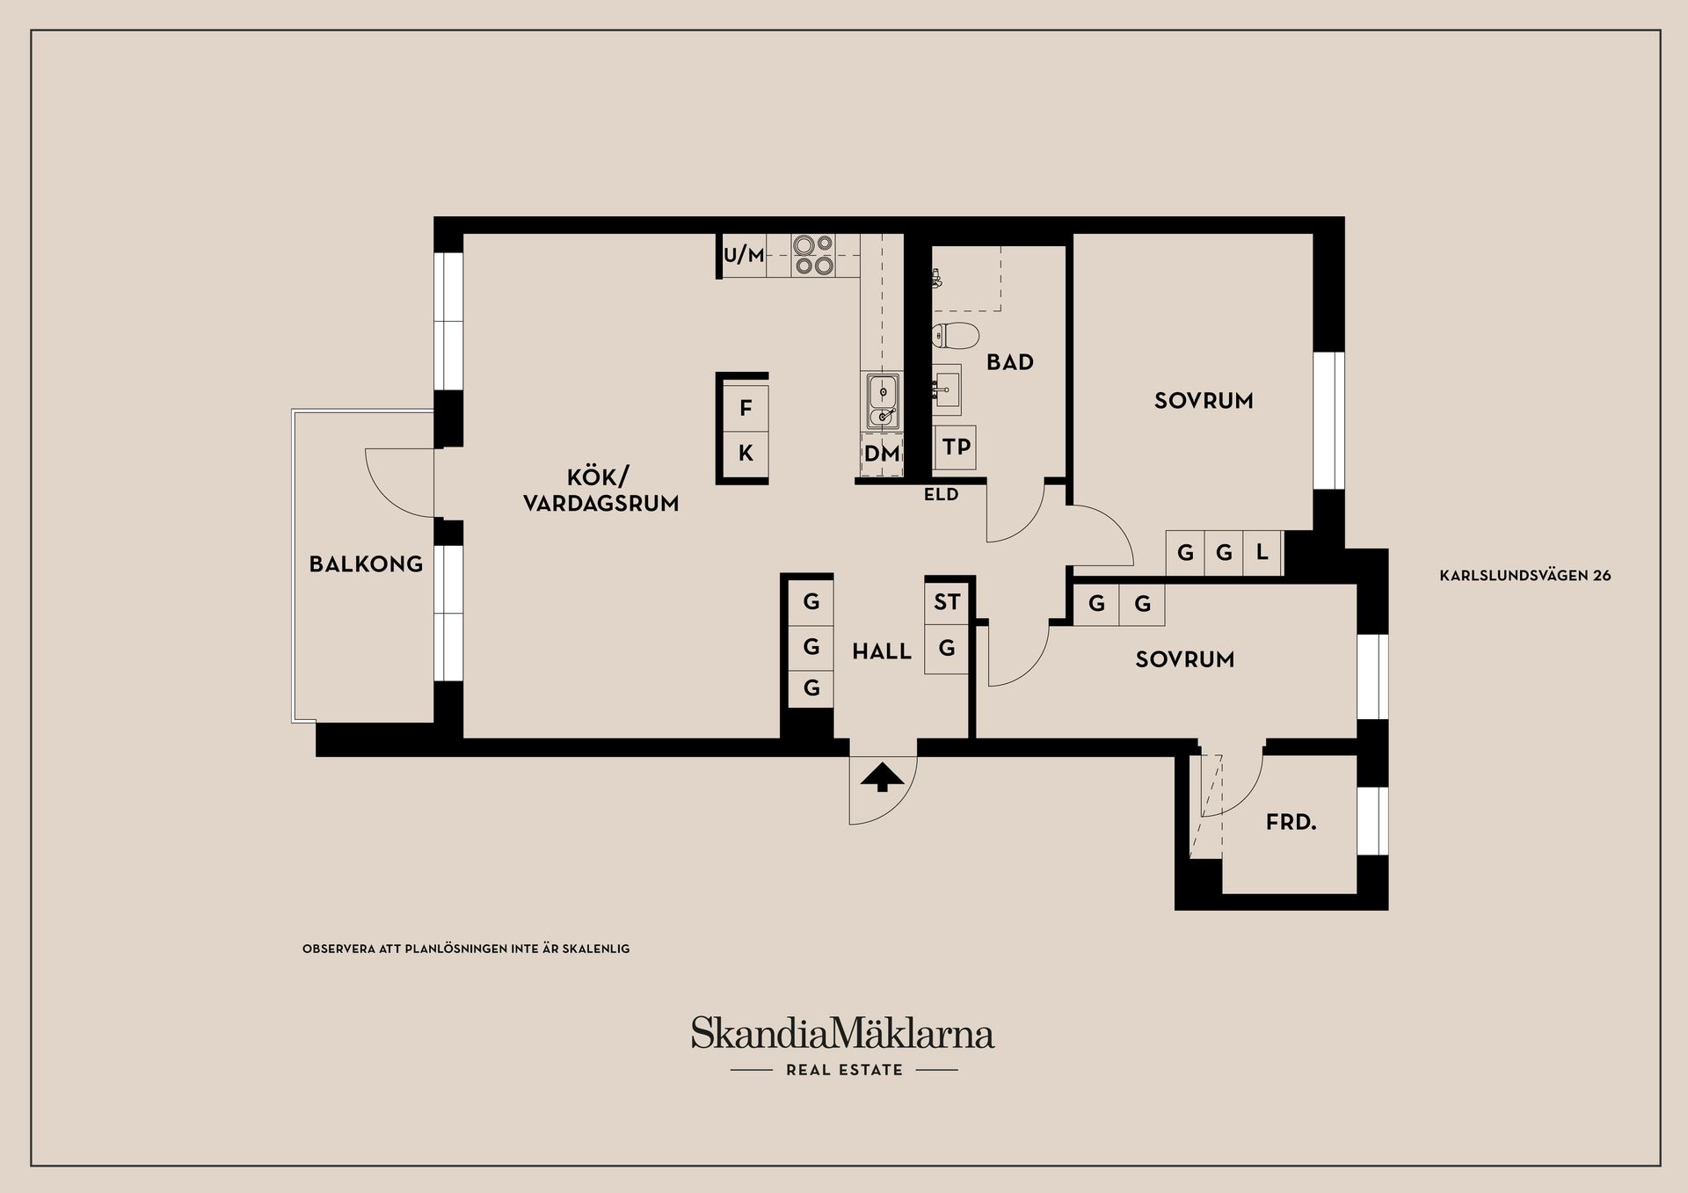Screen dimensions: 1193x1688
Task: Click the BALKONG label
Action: (x=366, y=564)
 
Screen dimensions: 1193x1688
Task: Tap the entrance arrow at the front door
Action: (x=883, y=778)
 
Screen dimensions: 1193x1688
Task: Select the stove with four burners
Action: (x=812, y=255)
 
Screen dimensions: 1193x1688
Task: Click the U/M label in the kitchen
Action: (x=744, y=255)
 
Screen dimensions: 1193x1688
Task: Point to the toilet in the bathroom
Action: (x=956, y=336)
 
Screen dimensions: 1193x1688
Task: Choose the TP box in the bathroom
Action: (x=956, y=447)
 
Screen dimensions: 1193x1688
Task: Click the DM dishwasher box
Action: (x=882, y=454)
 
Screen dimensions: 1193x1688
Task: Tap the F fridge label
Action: (x=746, y=408)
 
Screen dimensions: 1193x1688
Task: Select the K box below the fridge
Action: (x=746, y=454)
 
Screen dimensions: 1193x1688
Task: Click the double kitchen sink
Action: (x=882, y=400)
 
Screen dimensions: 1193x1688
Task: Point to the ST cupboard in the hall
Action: (x=947, y=602)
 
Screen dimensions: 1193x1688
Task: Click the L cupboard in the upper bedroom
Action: (x=1262, y=553)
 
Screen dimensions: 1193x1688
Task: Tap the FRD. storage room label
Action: (x=1291, y=823)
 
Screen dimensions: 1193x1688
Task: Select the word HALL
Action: (x=882, y=651)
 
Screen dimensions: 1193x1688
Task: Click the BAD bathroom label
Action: (x=1009, y=362)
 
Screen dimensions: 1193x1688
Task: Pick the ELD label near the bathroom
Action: (x=941, y=495)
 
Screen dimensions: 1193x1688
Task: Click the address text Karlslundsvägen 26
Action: (x=1525, y=576)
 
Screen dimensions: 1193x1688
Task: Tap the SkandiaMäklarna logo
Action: (x=842, y=1034)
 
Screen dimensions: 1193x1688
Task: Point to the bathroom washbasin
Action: (x=947, y=388)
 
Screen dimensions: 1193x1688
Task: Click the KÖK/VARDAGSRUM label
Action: (x=600, y=491)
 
